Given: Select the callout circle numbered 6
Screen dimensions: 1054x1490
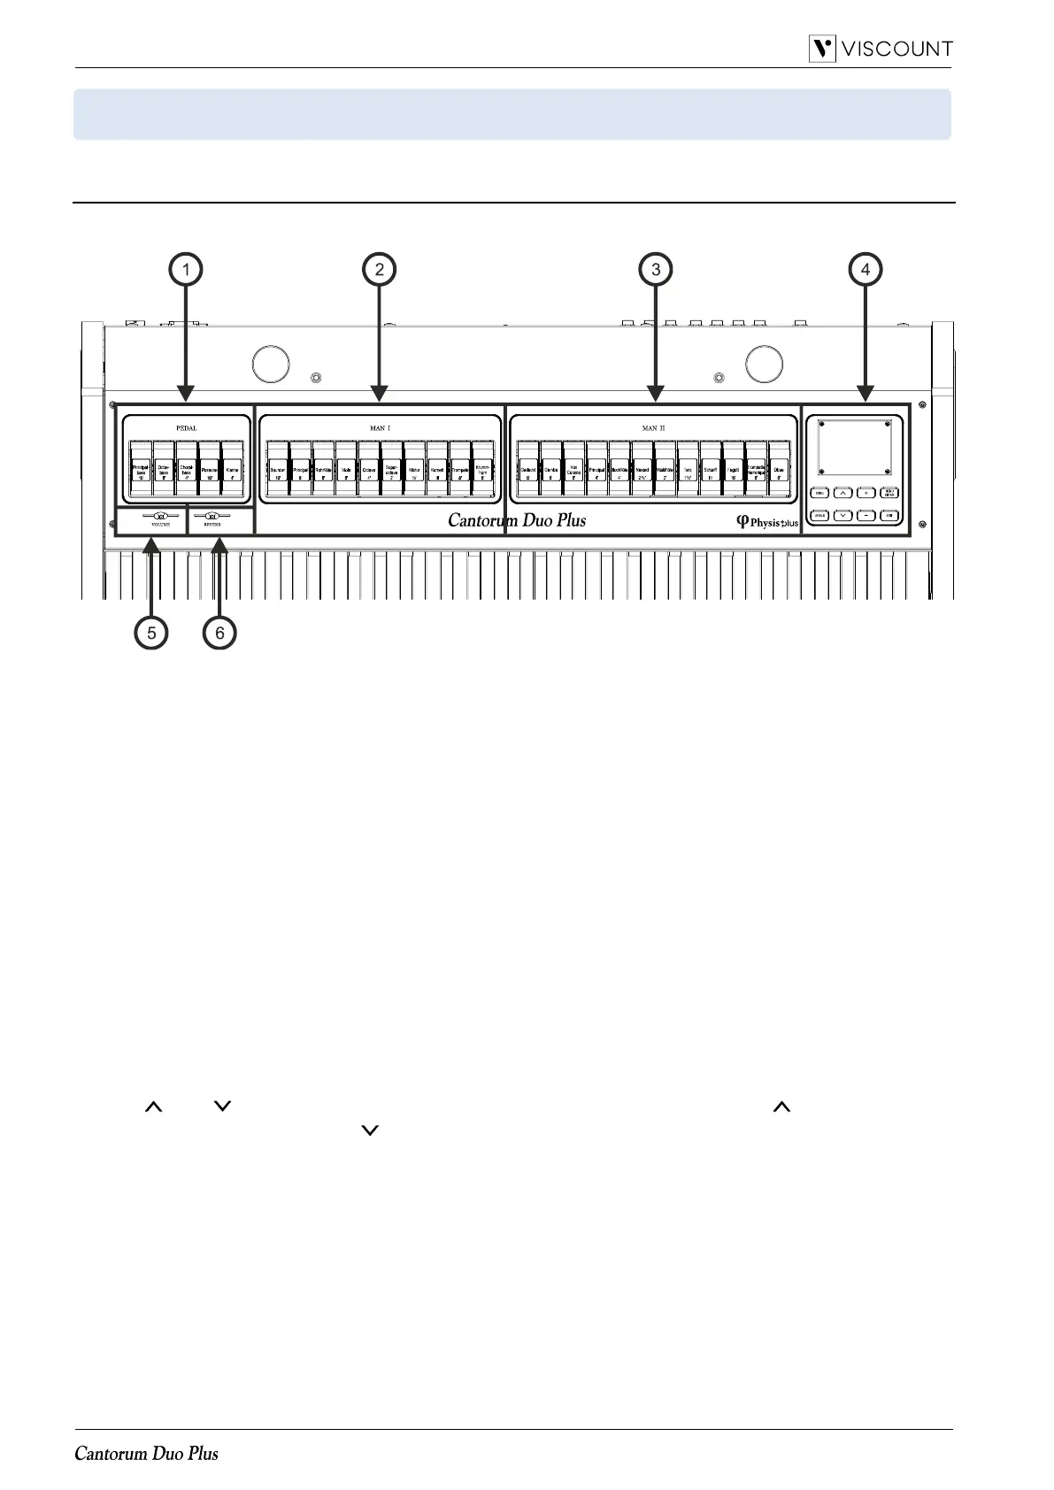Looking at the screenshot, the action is click(219, 633).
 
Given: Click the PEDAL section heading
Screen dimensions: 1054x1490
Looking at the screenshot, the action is click(186, 427).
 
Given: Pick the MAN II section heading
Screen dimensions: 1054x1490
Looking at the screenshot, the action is click(653, 427).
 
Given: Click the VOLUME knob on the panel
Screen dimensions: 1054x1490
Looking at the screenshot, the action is click(159, 515).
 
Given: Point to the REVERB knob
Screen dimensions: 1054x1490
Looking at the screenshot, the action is click(212, 515).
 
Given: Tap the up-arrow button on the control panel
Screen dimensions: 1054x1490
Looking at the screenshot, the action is click(842, 494).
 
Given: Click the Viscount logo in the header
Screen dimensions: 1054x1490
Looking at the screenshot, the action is click(881, 49).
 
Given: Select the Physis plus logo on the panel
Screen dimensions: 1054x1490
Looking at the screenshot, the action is click(767, 522).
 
